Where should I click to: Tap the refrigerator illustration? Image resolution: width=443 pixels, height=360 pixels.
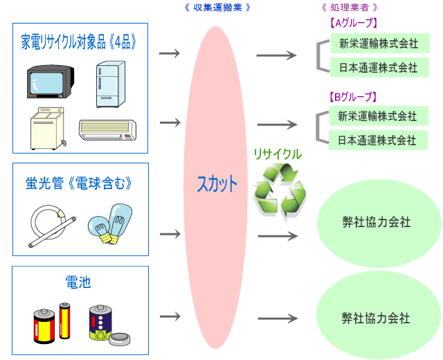111,84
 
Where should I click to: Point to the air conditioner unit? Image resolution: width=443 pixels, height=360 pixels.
107,129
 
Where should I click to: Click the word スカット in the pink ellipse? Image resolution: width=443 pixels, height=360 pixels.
217,184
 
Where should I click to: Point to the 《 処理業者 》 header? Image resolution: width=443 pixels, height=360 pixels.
349,7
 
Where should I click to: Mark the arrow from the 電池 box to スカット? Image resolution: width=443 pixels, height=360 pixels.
169,316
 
